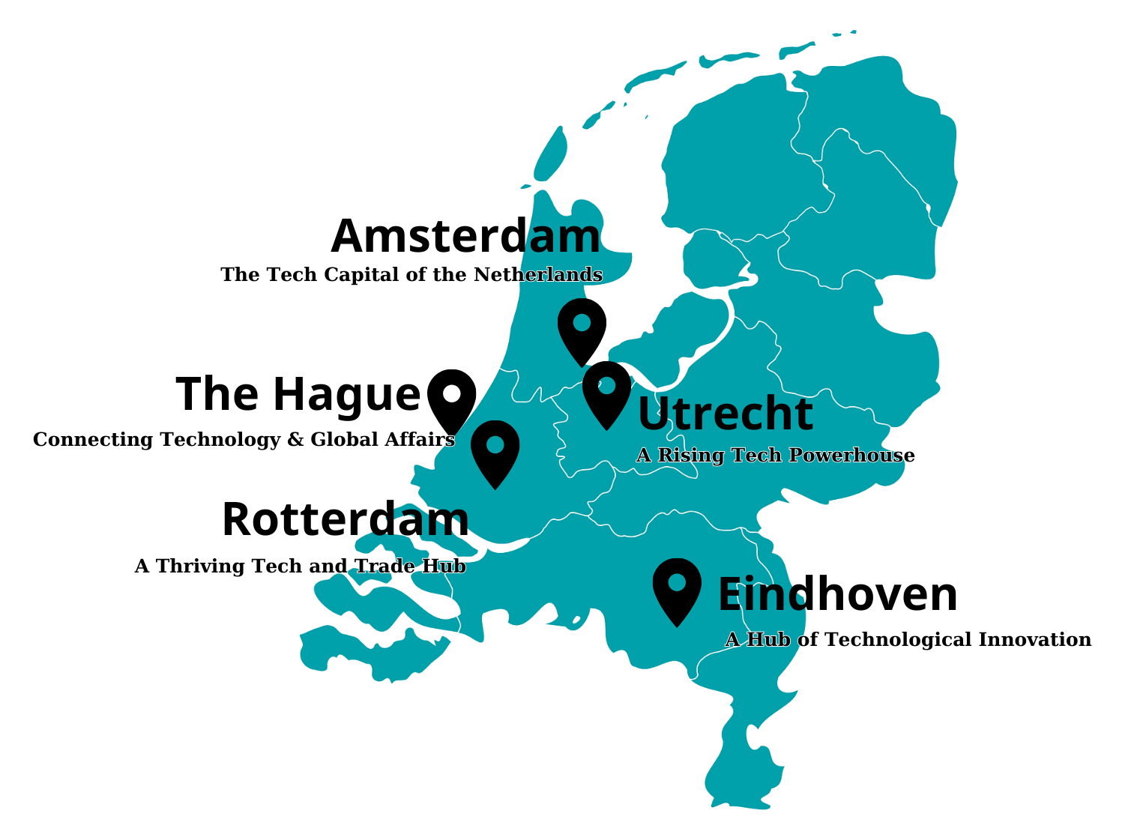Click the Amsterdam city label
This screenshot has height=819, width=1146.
point(465,237)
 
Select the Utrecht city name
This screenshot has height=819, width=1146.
point(725,414)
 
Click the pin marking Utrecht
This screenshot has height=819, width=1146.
point(606,390)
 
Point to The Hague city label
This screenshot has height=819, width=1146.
point(298,394)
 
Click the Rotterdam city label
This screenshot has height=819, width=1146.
point(346,520)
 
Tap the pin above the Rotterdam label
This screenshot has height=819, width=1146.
point(495,450)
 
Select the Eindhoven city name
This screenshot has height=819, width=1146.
point(837,595)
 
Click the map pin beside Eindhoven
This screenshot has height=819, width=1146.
point(677,587)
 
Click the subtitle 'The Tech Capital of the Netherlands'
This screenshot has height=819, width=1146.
point(411,275)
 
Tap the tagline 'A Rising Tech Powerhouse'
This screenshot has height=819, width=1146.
point(775,456)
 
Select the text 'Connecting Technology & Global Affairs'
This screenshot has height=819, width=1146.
point(244,440)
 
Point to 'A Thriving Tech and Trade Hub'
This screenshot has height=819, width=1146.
point(300,566)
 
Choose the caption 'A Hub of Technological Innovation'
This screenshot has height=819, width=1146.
point(908,640)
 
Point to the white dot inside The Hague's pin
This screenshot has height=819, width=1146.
point(451,393)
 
